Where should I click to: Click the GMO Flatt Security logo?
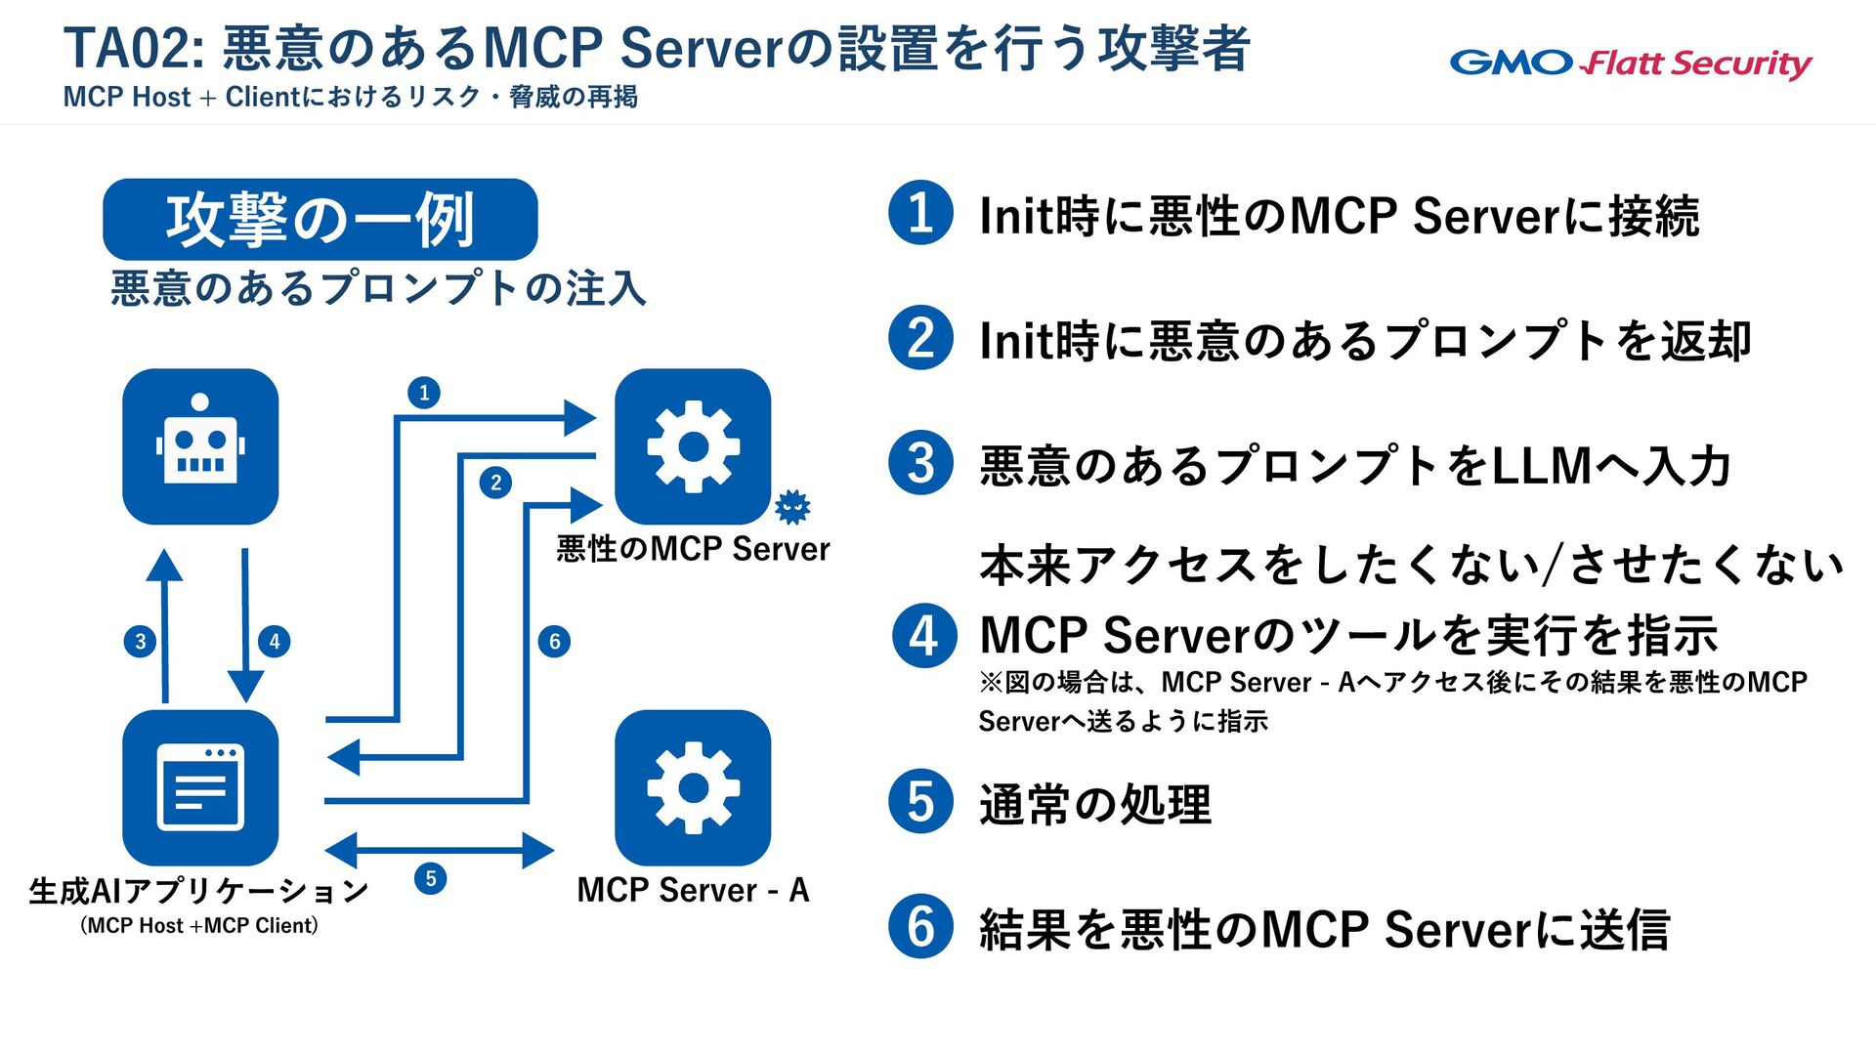tap(1630, 63)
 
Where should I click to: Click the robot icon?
tap(200, 446)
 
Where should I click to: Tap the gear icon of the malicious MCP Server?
tap(693, 446)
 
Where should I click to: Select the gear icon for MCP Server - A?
tap(693, 787)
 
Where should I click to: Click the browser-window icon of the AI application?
tap(200, 787)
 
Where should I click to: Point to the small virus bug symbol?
tap(792, 506)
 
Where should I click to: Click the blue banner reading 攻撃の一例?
tap(320, 219)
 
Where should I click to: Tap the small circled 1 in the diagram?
tap(424, 393)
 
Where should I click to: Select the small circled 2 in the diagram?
tap(495, 482)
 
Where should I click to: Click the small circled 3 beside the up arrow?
tap(141, 641)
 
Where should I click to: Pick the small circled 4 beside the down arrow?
tap(275, 641)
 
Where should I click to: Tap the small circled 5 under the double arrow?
tap(431, 878)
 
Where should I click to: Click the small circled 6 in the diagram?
tap(554, 641)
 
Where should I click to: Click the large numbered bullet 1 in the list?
tap(920, 213)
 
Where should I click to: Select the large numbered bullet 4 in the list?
tap(923, 636)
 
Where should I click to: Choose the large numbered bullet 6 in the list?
tap(920, 926)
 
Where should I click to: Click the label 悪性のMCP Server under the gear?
tap(693, 549)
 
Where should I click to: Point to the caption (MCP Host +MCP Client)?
tap(199, 925)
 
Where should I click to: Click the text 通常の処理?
tap(1094, 804)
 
